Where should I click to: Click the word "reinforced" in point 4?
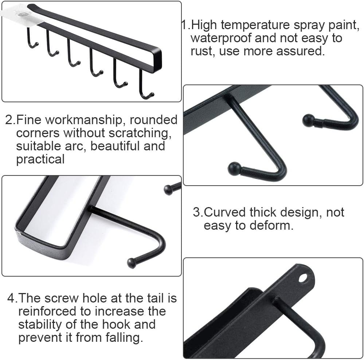[x=47, y=311]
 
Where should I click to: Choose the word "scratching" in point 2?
[x=140, y=133]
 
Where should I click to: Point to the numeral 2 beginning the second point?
[x=9, y=120]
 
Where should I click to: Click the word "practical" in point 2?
[x=40, y=159]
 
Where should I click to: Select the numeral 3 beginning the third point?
[x=196, y=212]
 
